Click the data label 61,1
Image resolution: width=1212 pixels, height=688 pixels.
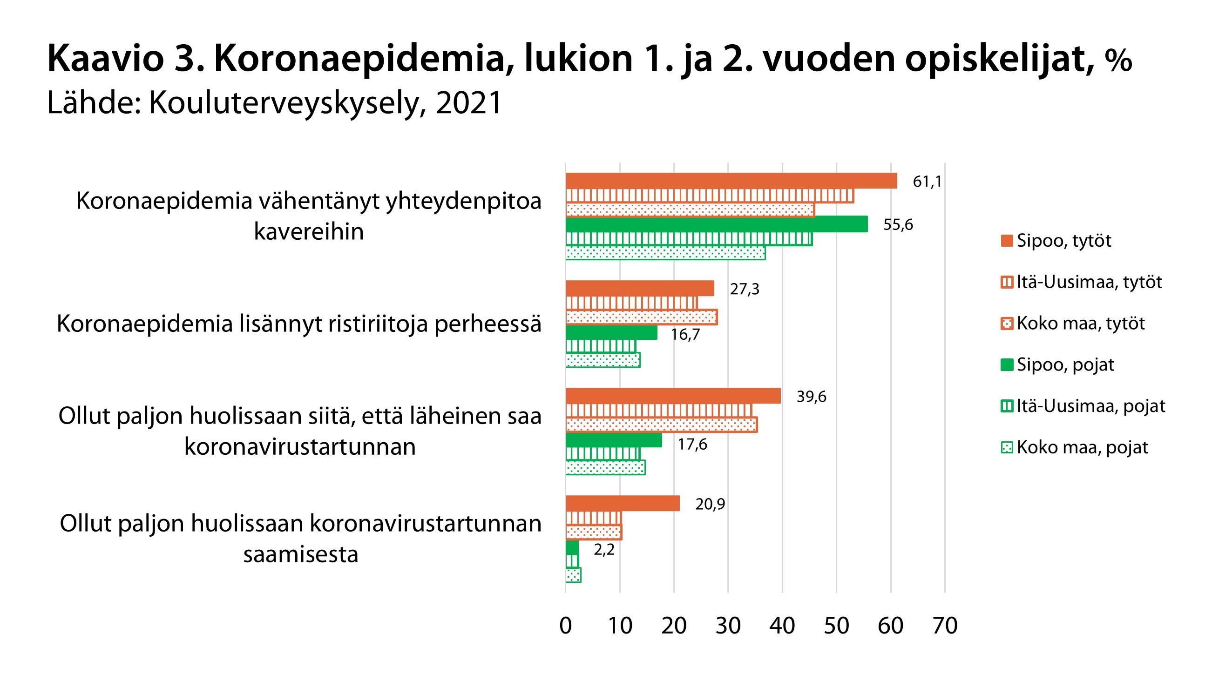point(927,182)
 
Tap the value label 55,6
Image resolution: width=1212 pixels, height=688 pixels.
point(898,224)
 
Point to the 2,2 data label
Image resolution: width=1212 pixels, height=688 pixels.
point(604,550)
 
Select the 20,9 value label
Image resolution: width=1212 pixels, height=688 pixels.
point(710,504)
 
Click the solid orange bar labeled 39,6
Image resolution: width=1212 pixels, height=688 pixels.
point(673,396)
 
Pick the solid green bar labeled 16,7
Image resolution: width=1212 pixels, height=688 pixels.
point(611,333)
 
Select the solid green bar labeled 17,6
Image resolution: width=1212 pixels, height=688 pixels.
point(614,440)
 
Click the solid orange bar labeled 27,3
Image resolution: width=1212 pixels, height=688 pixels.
point(640,288)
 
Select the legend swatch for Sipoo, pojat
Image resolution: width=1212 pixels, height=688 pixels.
point(1007,365)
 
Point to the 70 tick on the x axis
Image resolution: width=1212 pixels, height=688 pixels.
point(945,626)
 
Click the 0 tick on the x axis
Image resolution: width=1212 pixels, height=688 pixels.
point(566,626)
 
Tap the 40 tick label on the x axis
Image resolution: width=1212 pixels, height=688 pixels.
point(782,626)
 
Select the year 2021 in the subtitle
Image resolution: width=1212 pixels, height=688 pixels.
point(468,103)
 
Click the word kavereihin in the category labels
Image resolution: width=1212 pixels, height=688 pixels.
point(309,231)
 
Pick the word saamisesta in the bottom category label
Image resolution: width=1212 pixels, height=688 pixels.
point(300,554)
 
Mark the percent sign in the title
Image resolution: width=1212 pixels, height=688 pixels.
point(1118,61)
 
